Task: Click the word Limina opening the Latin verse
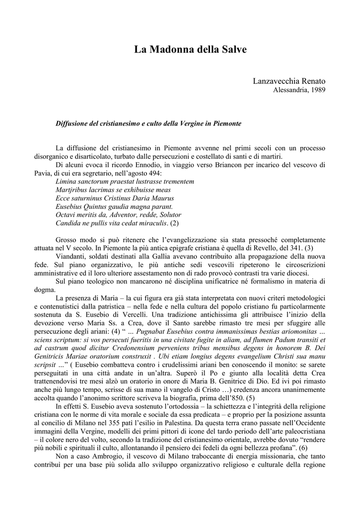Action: [x=68, y=182]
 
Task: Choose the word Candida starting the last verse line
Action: [x=69, y=223]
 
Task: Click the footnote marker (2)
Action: [x=174, y=223]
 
